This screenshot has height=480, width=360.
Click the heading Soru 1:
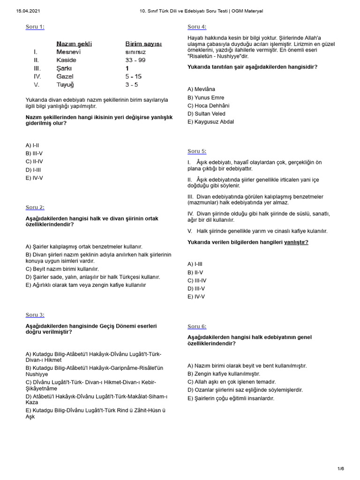pyautogui.click(x=35, y=27)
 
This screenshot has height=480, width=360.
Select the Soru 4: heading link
pyautogui.click(x=197, y=27)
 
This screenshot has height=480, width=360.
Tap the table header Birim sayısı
pyautogui.click(x=143, y=44)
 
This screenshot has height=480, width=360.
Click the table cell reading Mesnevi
pyautogui.click(x=68, y=52)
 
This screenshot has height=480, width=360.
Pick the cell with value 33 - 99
pyautogui.click(x=135, y=60)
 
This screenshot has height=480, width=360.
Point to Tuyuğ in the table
pyautogui.click(x=65, y=84)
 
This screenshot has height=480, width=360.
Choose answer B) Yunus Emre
pyautogui.click(x=206, y=97)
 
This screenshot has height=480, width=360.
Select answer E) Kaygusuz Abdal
pyautogui.click(x=210, y=121)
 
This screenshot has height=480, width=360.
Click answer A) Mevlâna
pyautogui.click(x=202, y=89)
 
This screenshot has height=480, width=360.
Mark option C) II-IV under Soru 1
pyautogui.click(x=34, y=161)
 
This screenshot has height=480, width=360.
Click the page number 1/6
pyautogui.click(x=340, y=469)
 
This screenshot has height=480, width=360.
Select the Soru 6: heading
pyautogui.click(x=197, y=326)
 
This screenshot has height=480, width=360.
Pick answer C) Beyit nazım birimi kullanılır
pyautogui.click(x=62, y=269)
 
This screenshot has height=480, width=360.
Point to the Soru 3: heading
pyautogui.click(x=35, y=315)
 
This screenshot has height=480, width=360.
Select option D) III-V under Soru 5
pyautogui.click(x=196, y=288)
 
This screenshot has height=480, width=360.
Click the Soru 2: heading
pyautogui.click(x=35, y=207)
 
